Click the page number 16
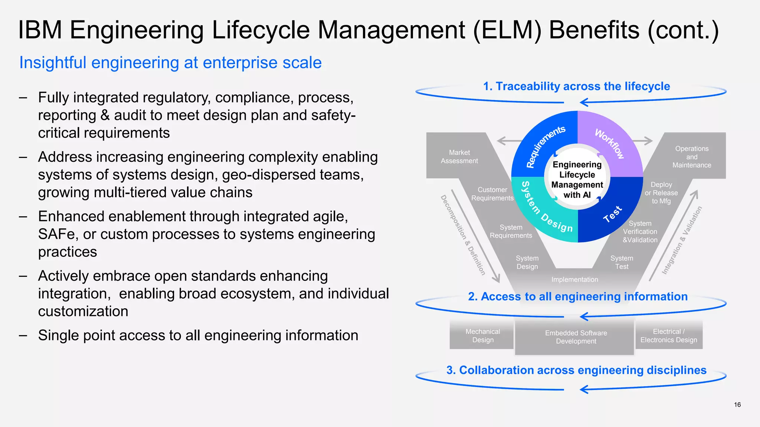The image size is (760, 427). (737, 405)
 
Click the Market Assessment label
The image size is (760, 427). (459, 157)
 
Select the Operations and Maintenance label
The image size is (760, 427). (692, 157)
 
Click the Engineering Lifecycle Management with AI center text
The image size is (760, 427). (577, 180)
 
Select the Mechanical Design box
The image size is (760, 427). (482, 335)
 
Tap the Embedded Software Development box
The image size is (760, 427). (576, 337)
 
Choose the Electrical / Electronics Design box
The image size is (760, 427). (669, 335)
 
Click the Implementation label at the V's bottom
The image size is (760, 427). (574, 279)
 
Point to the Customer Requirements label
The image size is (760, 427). (492, 194)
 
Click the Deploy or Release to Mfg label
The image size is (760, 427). (661, 193)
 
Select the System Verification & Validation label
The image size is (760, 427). (640, 232)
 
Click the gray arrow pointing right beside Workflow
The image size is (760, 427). (643, 141)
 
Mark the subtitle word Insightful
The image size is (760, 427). (53, 63)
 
